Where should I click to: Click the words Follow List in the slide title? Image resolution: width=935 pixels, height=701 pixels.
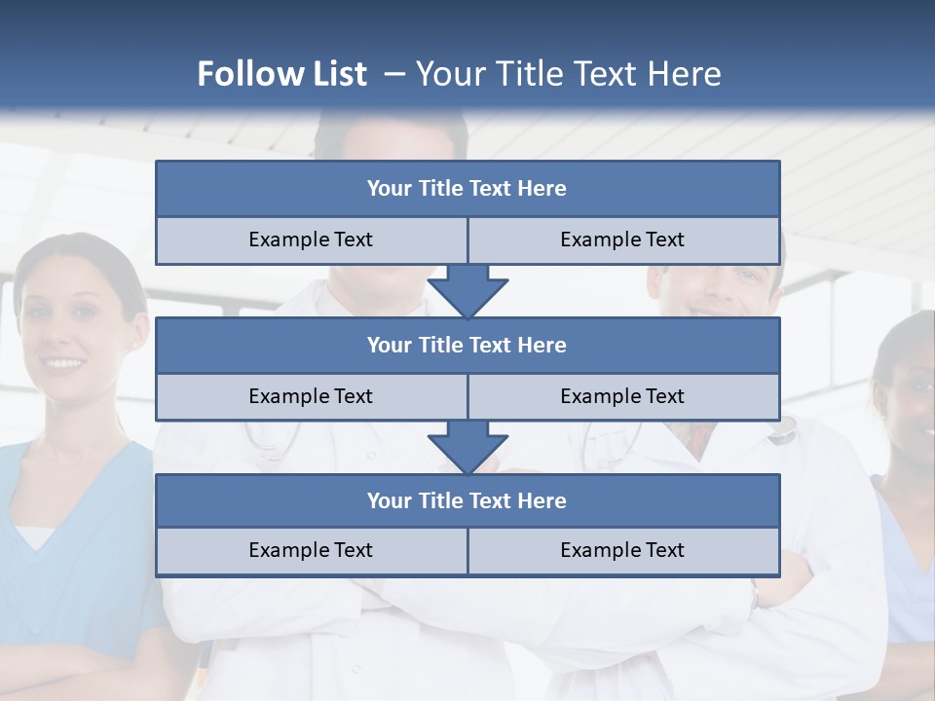281,74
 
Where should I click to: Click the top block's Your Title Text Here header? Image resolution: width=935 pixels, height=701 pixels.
467,189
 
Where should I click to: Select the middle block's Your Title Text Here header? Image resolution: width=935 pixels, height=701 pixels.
467,345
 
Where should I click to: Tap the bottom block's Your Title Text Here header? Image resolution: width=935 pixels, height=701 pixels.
467,500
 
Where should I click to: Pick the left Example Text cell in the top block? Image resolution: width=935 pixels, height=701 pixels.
311,240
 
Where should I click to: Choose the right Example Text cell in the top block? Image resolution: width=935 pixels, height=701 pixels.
622,240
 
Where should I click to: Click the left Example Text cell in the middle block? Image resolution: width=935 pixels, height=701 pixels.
311,396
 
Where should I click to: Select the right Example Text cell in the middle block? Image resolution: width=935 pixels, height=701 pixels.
622,396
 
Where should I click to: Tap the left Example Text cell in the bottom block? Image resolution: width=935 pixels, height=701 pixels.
311,550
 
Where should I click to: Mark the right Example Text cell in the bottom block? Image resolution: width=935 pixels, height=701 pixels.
622,550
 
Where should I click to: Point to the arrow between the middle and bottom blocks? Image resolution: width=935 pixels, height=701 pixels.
467,447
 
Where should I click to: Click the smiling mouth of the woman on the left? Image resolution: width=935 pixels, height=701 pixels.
64,363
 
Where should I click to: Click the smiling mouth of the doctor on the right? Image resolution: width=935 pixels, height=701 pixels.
703,309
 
